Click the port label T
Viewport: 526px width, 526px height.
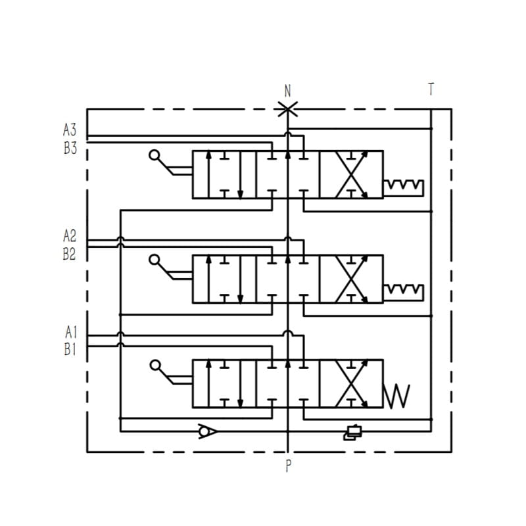pos(431,89)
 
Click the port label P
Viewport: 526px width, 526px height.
pos(288,467)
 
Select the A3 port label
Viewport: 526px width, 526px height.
pos(70,130)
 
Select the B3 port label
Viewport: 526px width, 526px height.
pos(70,148)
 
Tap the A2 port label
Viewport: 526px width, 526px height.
pos(70,235)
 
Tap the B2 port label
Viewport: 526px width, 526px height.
pos(70,254)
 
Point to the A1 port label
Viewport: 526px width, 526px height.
pos(70,333)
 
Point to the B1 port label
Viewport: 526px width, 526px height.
pos(70,350)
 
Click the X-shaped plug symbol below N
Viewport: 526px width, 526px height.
pos(287,110)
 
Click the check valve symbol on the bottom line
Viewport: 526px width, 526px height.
pos(208,431)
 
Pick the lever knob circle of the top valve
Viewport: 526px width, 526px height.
pos(155,156)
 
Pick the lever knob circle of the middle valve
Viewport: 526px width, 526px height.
pos(155,260)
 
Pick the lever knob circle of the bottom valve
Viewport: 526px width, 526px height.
pos(155,365)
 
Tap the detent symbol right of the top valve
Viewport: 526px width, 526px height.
pos(404,187)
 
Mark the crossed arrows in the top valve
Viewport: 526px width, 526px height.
pos(351,174)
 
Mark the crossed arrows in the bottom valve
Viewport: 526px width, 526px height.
pos(351,383)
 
